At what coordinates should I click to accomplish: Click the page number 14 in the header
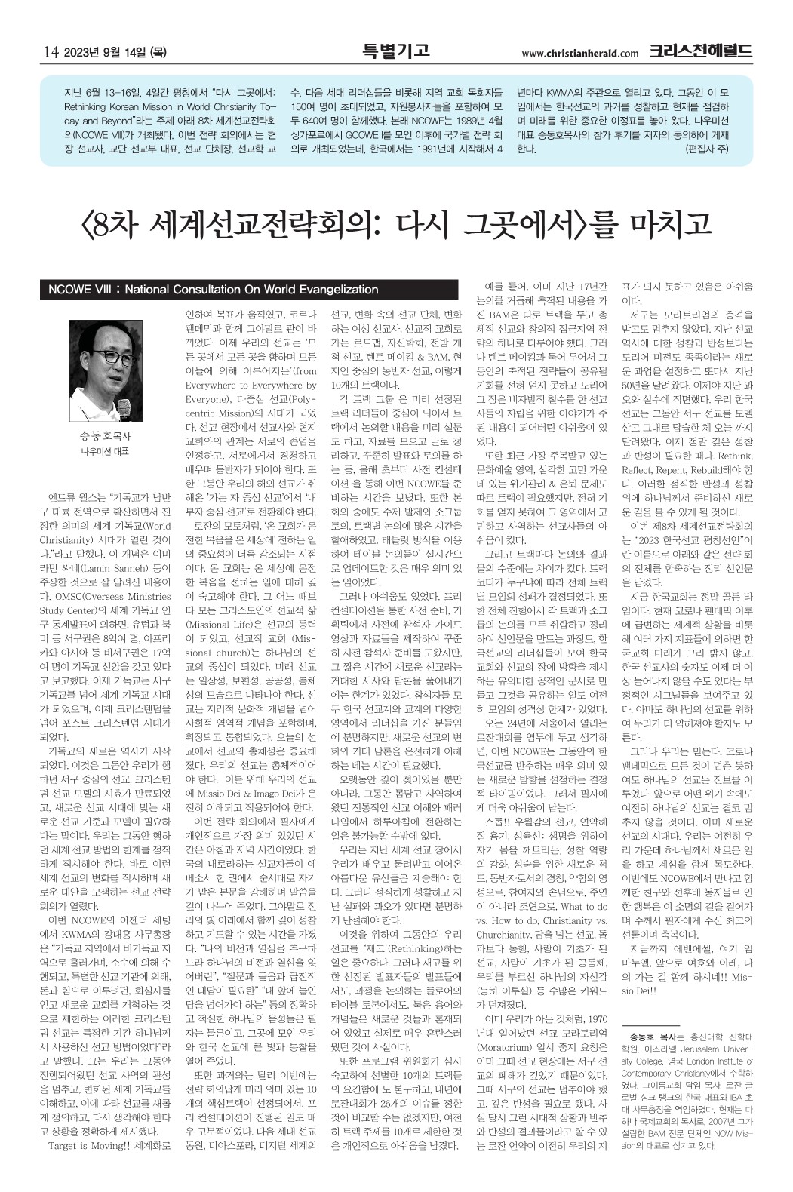click(51, 52)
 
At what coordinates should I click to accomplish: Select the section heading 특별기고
click(395, 51)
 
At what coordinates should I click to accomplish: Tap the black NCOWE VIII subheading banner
click(249, 290)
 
